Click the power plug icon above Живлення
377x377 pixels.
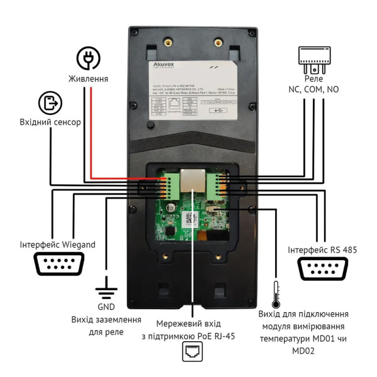coord(89,58)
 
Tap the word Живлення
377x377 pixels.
coord(89,79)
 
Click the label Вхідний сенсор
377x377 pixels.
coord(50,123)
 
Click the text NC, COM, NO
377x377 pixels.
coord(314,90)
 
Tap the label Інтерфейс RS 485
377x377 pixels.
coord(322,250)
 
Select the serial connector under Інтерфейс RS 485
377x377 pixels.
coord(323,271)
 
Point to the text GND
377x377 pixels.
coord(105,307)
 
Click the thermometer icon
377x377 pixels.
coord(275,295)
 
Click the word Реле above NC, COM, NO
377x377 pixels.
coord(314,79)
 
